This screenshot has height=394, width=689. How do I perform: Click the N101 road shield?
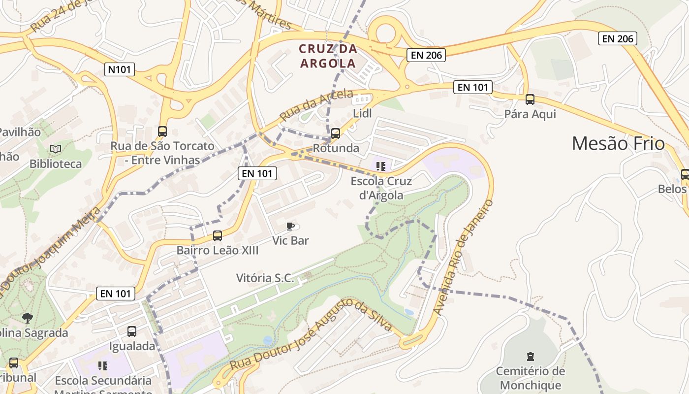(120, 69)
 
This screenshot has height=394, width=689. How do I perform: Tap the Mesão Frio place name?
(618, 143)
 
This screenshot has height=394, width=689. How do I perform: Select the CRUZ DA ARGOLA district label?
(328, 56)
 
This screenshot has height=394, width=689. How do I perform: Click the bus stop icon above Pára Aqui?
(530, 99)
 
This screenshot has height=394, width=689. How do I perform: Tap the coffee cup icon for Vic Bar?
(290, 226)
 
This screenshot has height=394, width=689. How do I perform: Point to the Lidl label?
(363, 114)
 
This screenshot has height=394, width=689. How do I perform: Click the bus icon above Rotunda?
(336, 133)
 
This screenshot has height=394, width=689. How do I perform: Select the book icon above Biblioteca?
(56, 149)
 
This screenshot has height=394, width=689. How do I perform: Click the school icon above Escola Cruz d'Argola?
(380, 166)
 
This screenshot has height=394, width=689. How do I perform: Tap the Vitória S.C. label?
(265, 278)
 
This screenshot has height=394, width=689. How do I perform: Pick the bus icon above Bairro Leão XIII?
(218, 236)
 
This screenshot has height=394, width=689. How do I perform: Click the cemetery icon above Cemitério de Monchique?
(530, 356)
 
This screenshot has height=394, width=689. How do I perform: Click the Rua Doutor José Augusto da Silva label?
(311, 335)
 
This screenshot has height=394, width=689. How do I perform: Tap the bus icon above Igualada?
(132, 331)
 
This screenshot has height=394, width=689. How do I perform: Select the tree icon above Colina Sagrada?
(28, 318)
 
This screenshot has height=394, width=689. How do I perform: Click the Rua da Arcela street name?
(316, 105)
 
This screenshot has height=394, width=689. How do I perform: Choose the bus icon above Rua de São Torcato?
(162, 131)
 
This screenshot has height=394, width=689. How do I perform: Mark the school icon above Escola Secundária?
(103, 365)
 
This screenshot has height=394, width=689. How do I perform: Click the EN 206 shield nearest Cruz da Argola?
(426, 55)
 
